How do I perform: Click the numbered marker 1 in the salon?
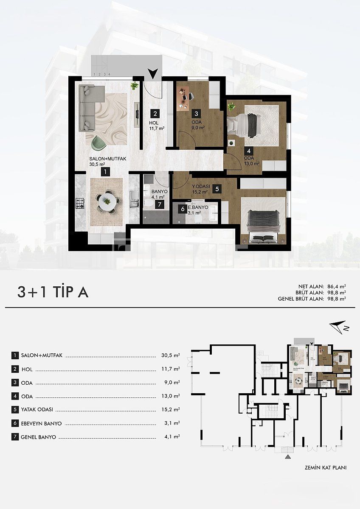point(104,171)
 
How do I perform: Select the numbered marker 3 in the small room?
point(196,114)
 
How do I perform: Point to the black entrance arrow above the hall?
point(154,74)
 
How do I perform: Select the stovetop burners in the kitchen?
point(79,203)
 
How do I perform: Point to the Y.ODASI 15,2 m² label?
point(199,189)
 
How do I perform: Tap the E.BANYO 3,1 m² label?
point(198,210)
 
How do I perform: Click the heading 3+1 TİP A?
point(53,292)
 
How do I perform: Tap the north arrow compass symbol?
point(338,326)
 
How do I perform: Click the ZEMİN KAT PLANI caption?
point(325,468)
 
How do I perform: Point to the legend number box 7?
point(15,437)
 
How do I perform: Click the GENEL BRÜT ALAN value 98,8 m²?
point(336,298)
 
